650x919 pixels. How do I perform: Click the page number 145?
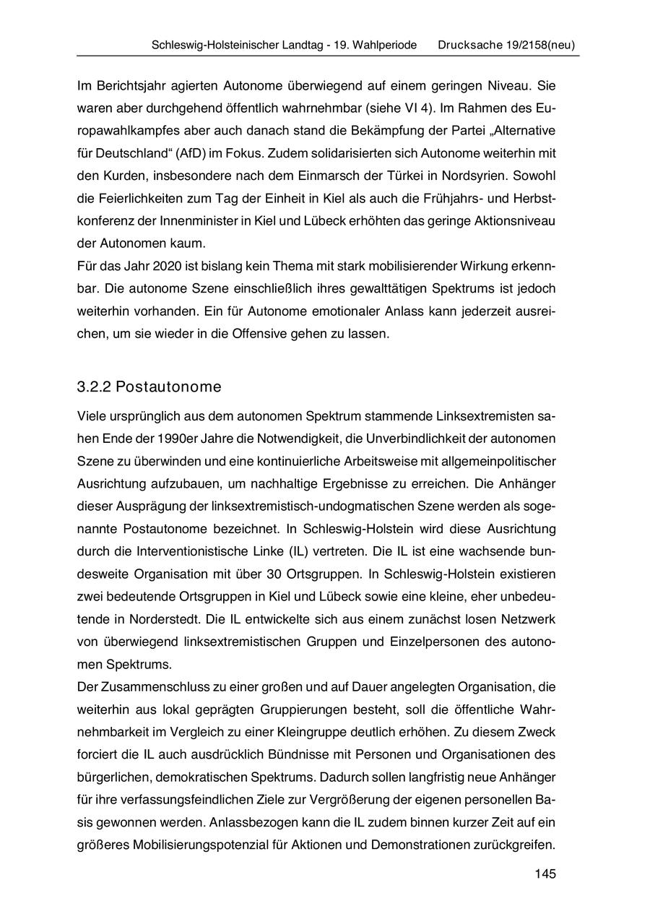click(545, 875)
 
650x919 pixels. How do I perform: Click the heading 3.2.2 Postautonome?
click(149, 387)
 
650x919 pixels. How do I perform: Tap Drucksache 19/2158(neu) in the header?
click(506, 45)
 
